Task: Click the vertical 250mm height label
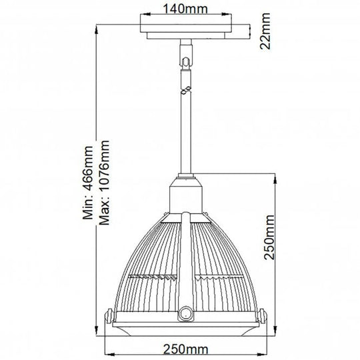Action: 269,249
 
